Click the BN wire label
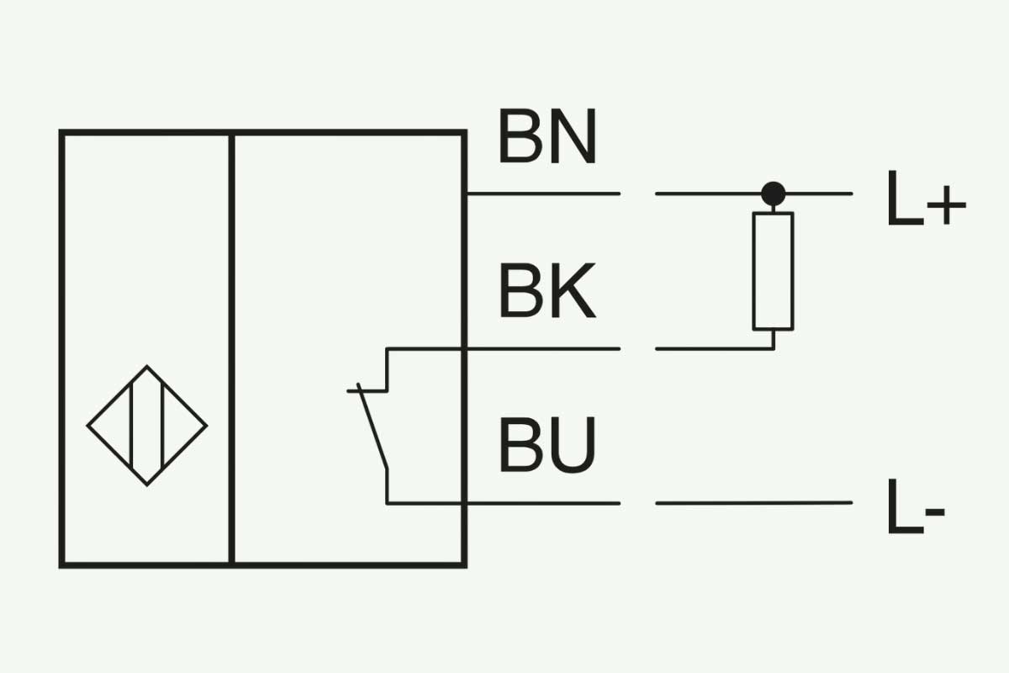coord(547,135)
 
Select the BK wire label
coord(547,290)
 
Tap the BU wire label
coord(547,445)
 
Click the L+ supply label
coord(927,198)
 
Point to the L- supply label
coord(917,506)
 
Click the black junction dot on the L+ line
coord(774,193)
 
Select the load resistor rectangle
coord(773,272)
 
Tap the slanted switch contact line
coord(372,427)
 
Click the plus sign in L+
coord(947,205)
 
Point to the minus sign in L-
coord(935,512)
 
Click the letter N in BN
coord(573,135)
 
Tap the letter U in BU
coord(573,445)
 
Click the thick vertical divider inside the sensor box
coord(231,349)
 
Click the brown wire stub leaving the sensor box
coord(544,193)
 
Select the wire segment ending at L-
coord(753,503)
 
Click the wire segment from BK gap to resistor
coord(715,349)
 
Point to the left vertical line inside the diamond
coord(131,426)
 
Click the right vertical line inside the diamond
coord(162,426)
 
